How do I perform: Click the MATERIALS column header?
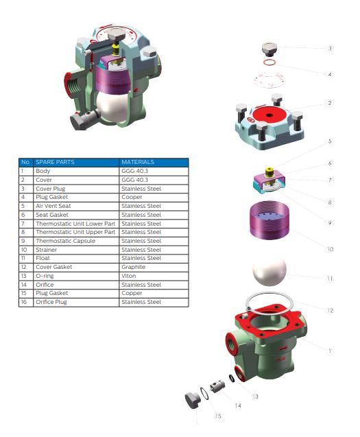[138, 162]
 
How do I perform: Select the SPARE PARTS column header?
[55, 162]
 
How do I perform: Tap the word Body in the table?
[43, 171]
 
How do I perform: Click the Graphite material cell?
[134, 267]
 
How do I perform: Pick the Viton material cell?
[129, 276]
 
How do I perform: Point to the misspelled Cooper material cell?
[132, 197]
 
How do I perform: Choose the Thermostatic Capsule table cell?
[65, 241]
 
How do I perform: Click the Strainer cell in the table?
[46, 250]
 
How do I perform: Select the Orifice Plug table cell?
[51, 302]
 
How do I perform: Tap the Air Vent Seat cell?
[53, 206]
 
